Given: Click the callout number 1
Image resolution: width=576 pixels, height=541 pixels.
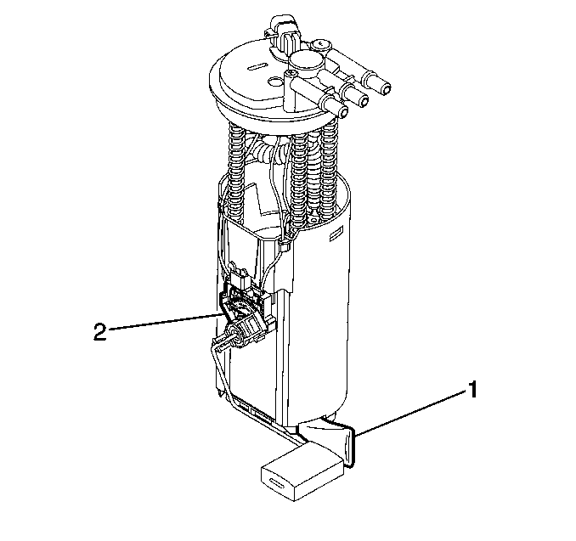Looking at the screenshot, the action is [472, 390].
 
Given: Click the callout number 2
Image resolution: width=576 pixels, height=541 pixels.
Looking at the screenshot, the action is [100, 332].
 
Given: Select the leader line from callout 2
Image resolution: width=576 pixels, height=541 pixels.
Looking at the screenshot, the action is [164, 321].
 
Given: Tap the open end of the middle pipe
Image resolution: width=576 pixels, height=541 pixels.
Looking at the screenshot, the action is [364, 100].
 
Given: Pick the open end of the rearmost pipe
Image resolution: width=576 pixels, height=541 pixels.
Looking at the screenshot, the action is [386, 88].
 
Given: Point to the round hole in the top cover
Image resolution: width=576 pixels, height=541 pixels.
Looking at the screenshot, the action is [274, 81].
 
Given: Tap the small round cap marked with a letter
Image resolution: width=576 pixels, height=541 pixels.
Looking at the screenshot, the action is [321, 45].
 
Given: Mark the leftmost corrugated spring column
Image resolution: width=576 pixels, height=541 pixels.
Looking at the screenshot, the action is [236, 172].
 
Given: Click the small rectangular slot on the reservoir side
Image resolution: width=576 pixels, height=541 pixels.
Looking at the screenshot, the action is [336, 235].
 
